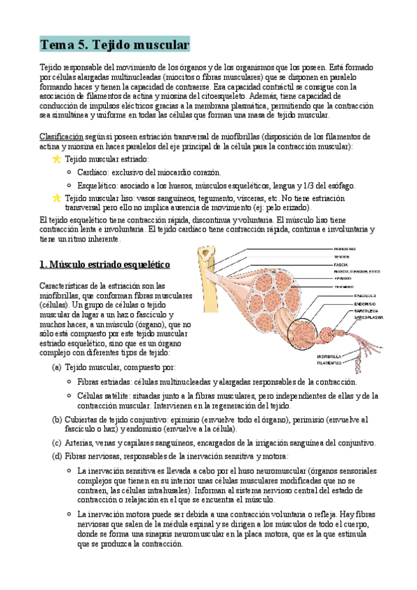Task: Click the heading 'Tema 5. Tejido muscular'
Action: click(x=114, y=45)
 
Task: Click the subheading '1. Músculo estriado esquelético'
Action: click(x=104, y=264)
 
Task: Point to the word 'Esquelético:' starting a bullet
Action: click(x=97, y=186)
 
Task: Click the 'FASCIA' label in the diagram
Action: click(x=340, y=264)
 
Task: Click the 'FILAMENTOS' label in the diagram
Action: click(x=329, y=362)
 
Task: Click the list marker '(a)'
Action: click(x=57, y=367)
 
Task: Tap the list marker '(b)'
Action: click(x=57, y=420)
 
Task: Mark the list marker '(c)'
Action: click(x=57, y=442)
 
